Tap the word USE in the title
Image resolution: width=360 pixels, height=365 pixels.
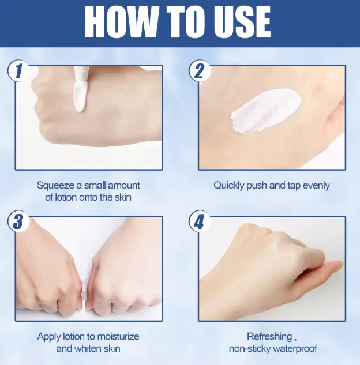point(242,22)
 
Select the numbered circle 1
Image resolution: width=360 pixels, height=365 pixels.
point(18,71)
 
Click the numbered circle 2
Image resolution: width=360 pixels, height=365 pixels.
point(200,71)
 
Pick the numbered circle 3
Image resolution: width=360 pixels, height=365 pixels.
point(18,221)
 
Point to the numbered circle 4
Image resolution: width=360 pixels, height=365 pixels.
point(200,221)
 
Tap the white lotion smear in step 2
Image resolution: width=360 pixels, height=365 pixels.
point(266,111)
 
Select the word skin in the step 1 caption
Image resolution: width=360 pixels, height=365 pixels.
point(123,197)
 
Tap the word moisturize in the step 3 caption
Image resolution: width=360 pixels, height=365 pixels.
point(118,337)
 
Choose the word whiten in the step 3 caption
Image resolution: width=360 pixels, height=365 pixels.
point(88,348)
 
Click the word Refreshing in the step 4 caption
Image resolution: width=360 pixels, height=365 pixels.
point(269,337)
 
